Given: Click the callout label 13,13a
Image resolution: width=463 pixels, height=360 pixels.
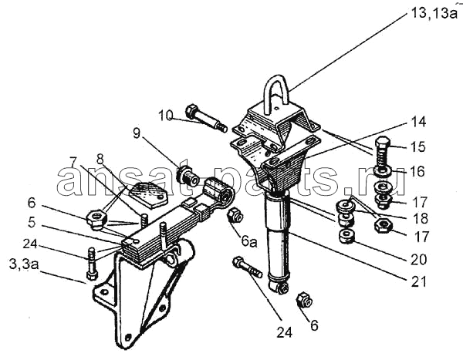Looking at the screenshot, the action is pyautogui.click(x=434, y=13).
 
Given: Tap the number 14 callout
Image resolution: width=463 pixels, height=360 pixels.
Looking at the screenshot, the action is pyautogui.click(x=418, y=122).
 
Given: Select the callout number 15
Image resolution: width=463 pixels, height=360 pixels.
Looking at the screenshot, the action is pyautogui.click(x=417, y=146).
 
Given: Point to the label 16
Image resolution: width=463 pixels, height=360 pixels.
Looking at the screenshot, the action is pyautogui.click(x=417, y=171).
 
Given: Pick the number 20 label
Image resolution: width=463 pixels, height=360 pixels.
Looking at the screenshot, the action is pyautogui.click(x=419, y=260).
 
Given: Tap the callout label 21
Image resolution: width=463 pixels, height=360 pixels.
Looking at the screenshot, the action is pyautogui.click(x=419, y=282).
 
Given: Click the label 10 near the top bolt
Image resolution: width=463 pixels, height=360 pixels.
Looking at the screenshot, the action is pyautogui.click(x=165, y=116).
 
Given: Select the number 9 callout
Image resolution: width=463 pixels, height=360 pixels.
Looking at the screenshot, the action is pyautogui.click(x=136, y=133).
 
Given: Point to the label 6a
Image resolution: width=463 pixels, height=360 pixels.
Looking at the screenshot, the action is pyautogui.click(x=249, y=241).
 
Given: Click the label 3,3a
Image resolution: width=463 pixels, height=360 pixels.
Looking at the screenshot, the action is pyautogui.click(x=24, y=264).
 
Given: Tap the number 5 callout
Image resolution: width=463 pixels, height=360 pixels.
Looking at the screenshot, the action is pyautogui.click(x=32, y=222).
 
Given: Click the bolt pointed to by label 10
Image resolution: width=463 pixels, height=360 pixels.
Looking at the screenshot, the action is pyautogui.click(x=206, y=119).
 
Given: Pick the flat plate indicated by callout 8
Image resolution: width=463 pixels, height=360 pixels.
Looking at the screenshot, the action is pyautogui.click(x=149, y=195).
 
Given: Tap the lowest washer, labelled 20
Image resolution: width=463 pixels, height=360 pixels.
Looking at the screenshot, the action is pyautogui.click(x=347, y=236).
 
